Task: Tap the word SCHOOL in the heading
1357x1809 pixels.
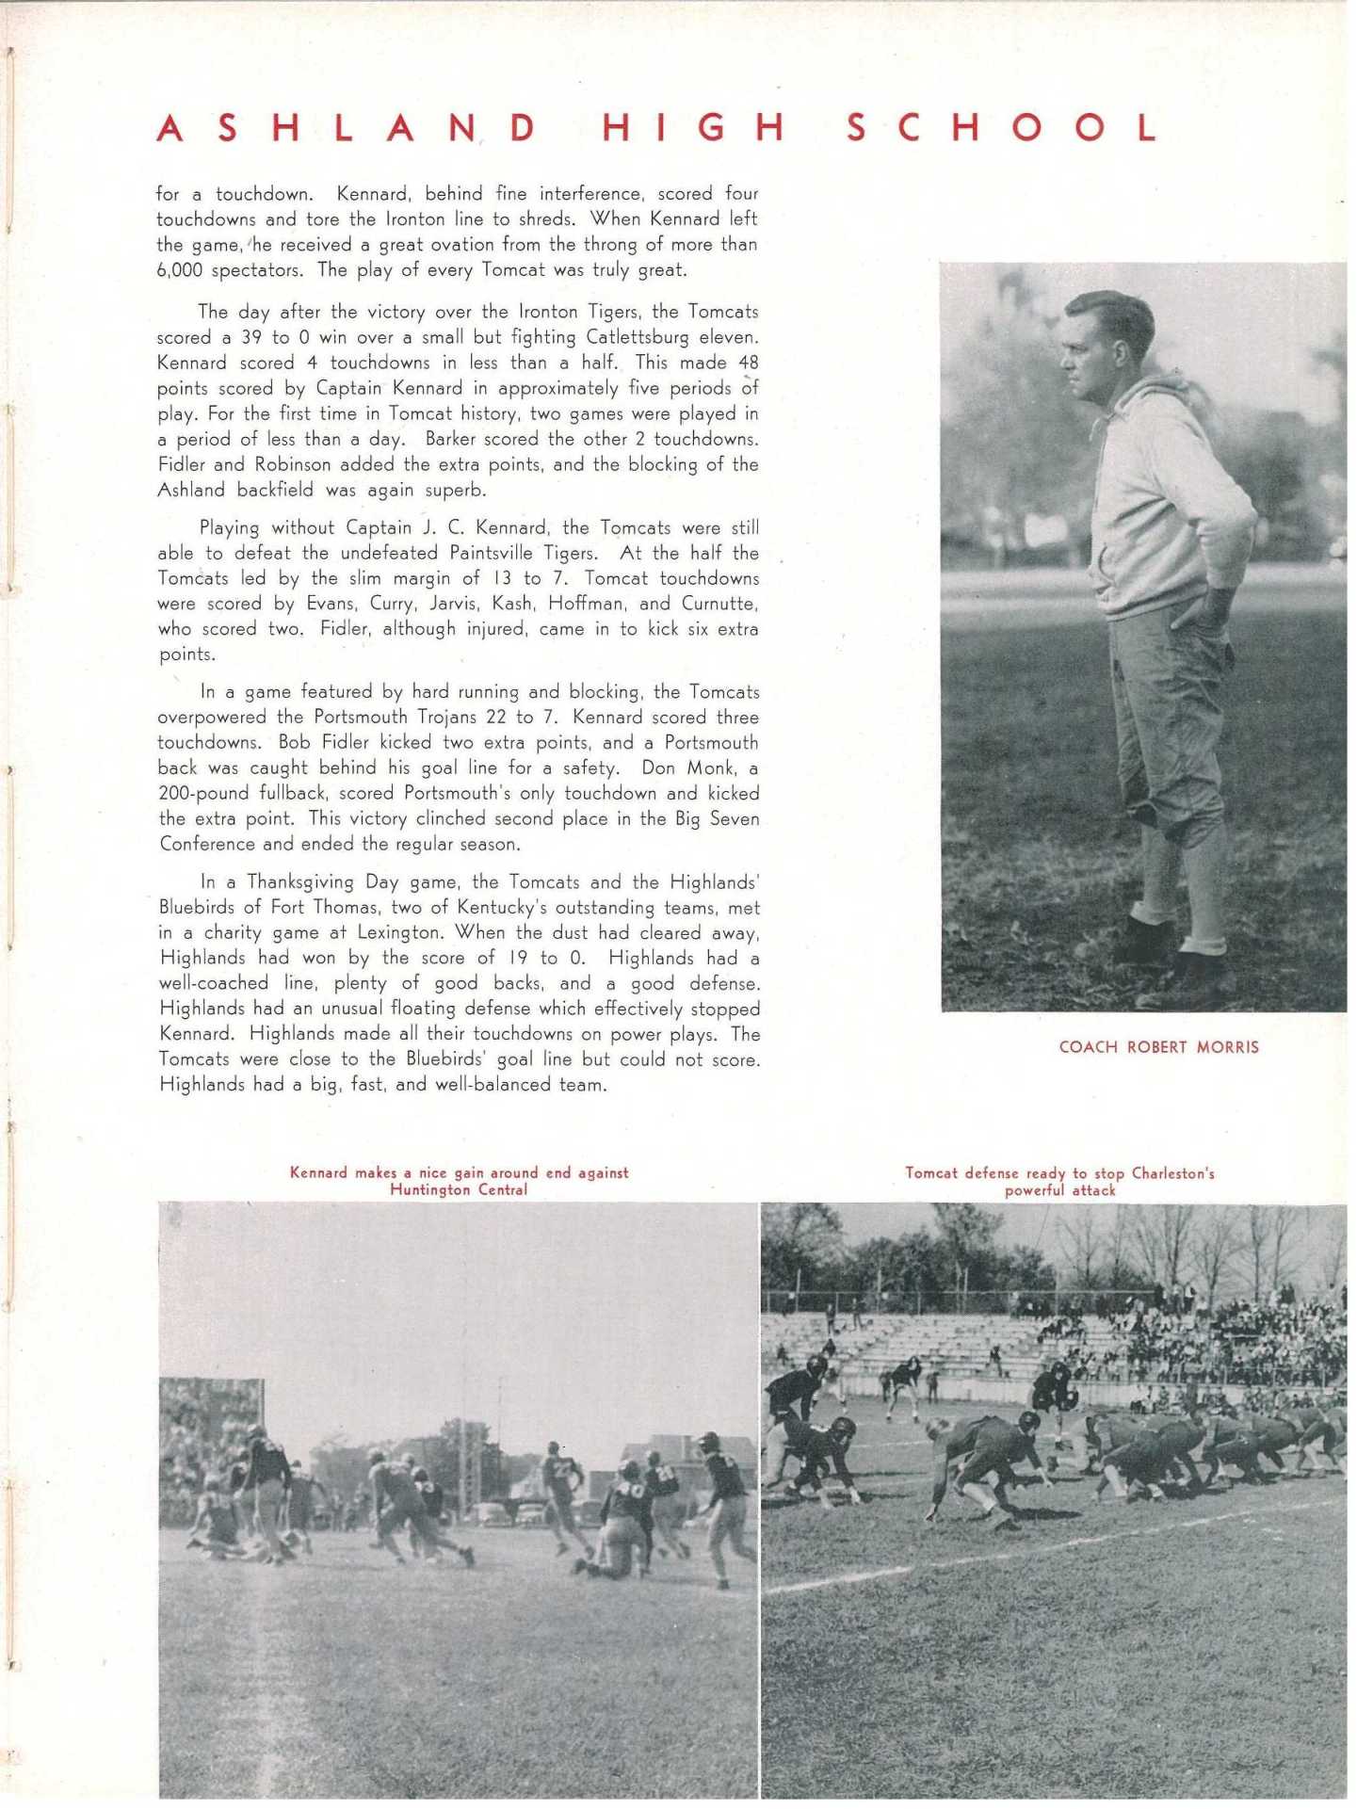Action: [1001, 129]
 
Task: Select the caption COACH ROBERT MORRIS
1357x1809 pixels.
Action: [1158, 1047]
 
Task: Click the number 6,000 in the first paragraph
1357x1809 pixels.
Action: [179, 270]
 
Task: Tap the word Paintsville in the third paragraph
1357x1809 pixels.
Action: [492, 553]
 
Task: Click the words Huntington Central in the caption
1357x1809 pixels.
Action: [459, 1190]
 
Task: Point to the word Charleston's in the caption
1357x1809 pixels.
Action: [1172, 1173]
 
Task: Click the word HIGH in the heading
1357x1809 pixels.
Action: [691, 129]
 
